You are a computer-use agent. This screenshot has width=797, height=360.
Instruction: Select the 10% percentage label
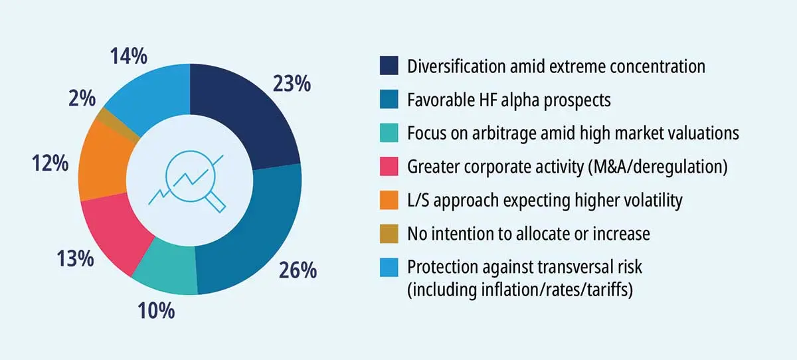[x=156, y=310]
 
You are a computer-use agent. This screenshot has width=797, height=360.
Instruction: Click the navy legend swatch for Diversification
[x=389, y=66]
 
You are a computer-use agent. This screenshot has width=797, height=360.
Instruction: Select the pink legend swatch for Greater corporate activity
[x=389, y=167]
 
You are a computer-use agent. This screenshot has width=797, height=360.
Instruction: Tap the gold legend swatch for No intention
[x=389, y=234]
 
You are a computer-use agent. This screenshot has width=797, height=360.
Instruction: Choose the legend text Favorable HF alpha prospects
[x=508, y=100]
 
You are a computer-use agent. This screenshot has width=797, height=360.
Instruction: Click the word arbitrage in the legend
[x=507, y=134]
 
